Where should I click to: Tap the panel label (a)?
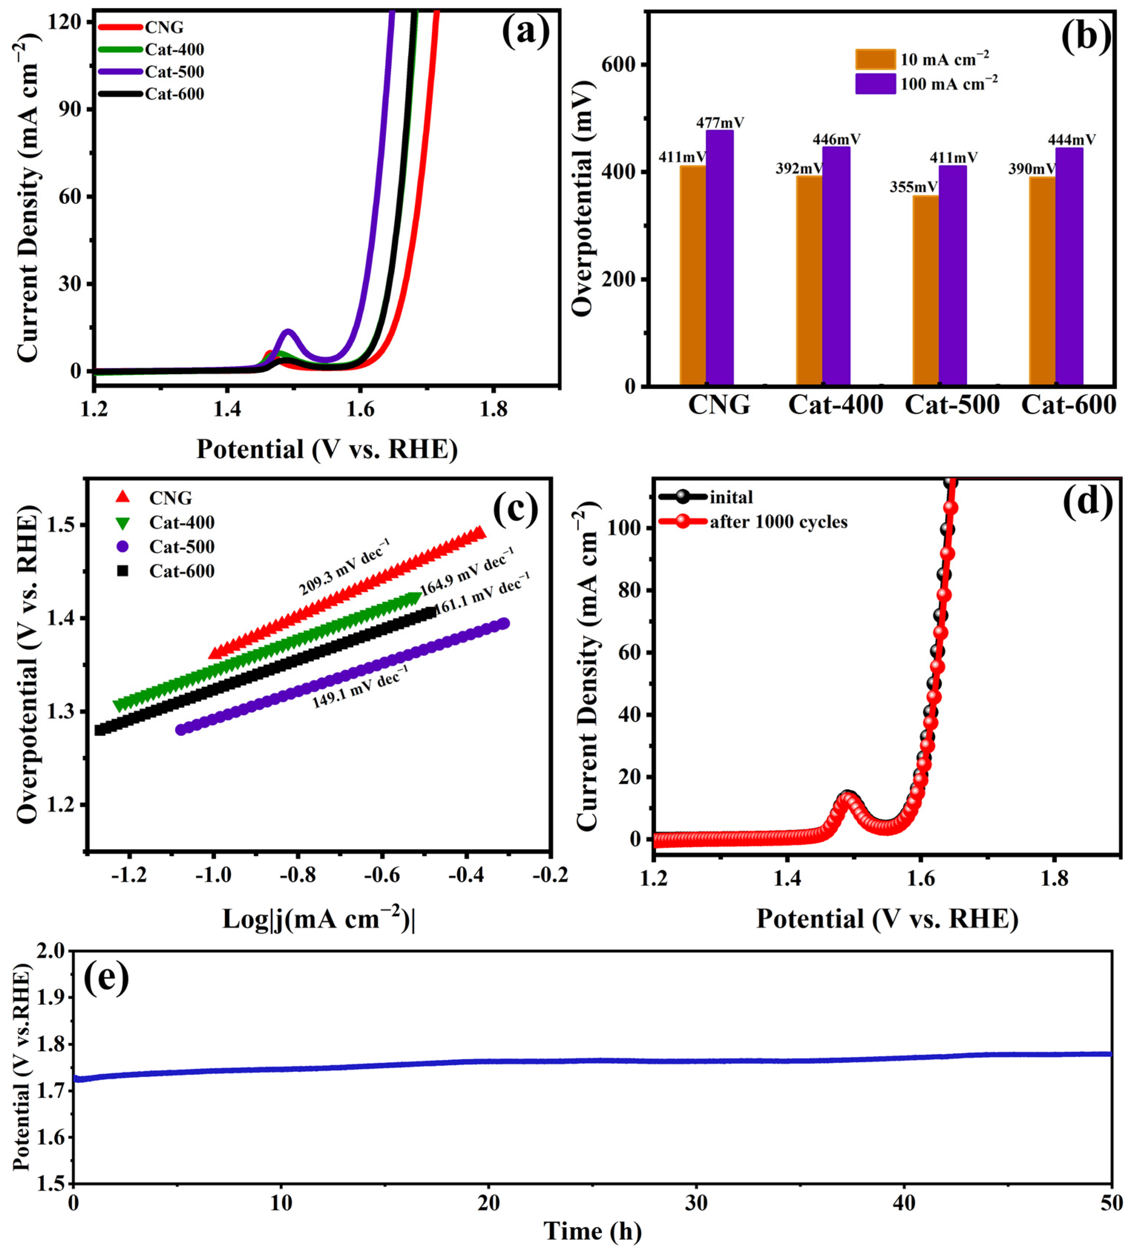point(525,32)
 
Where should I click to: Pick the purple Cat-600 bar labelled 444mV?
point(1069,267)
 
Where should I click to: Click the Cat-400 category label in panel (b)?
point(835,405)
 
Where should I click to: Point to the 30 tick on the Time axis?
point(696,1203)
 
